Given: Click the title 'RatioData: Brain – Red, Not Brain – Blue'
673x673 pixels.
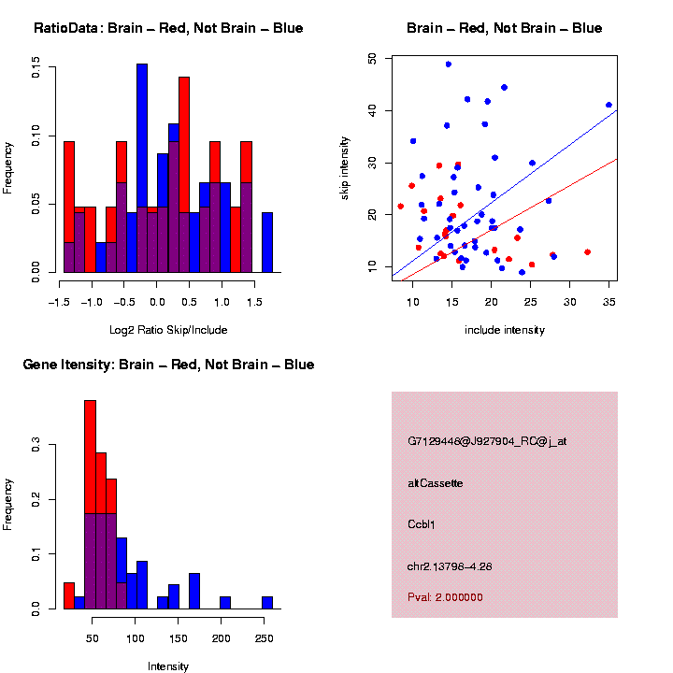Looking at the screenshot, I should click(x=168, y=28).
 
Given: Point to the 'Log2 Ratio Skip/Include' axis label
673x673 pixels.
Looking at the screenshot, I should click(x=168, y=330).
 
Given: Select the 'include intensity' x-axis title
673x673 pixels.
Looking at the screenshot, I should click(x=505, y=330).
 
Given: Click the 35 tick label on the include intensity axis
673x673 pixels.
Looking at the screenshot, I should click(x=609, y=301).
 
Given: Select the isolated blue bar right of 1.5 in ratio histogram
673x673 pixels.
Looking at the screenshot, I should click(x=267, y=243).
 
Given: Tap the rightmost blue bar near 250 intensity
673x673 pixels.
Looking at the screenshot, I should click(x=267, y=603).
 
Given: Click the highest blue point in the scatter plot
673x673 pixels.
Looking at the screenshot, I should click(x=449, y=64).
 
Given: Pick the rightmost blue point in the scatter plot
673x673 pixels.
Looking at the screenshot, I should click(x=609, y=105).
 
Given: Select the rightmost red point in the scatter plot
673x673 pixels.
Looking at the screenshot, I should click(x=587, y=251).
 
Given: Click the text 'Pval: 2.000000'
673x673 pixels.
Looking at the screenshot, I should click(x=445, y=597).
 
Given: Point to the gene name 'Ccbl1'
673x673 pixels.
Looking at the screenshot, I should click(x=422, y=524).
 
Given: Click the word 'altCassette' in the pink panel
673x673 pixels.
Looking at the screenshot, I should click(x=436, y=483).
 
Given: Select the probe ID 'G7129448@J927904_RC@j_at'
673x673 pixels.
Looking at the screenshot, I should click(x=487, y=441).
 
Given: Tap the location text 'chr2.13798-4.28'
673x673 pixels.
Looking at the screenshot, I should click(x=451, y=566).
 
